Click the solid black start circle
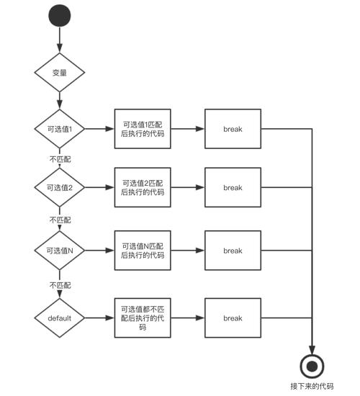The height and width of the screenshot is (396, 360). pyautogui.click(x=60, y=16)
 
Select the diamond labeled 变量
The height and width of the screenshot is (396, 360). pyautogui.click(x=60, y=73)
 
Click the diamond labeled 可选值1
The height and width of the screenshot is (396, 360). pyautogui.click(x=60, y=130)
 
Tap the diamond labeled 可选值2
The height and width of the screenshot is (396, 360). pyautogui.click(x=60, y=187)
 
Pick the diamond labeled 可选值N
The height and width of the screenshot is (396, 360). pyautogui.click(x=60, y=251)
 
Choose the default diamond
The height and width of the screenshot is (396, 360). pyautogui.click(x=60, y=318)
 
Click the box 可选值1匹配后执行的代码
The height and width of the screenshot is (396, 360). pyautogui.click(x=143, y=130)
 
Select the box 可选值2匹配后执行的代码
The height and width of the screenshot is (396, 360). pyautogui.click(x=143, y=187)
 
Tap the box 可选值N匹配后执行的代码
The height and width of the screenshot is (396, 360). pyautogui.click(x=143, y=251)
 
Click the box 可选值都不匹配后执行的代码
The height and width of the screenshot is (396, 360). pyautogui.click(x=143, y=318)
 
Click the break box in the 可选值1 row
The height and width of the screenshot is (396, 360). pyautogui.click(x=233, y=130)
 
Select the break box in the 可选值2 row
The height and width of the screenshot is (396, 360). pyautogui.click(x=233, y=187)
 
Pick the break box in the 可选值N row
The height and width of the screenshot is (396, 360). pyautogui.click(x=233, y=251)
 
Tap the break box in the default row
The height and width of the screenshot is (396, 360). pyautogui.click(x=233, y=318)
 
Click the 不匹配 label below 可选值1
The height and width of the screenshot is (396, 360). pyautogui.click(x=60, y=158)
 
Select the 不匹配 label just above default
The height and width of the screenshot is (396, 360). pyautogui.click(x=60, y=285)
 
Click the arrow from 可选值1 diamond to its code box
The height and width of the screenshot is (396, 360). pyautogui.click(x=99, y=130)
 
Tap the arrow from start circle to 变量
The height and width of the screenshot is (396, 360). pyautogui.click(x=60, y=40)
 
